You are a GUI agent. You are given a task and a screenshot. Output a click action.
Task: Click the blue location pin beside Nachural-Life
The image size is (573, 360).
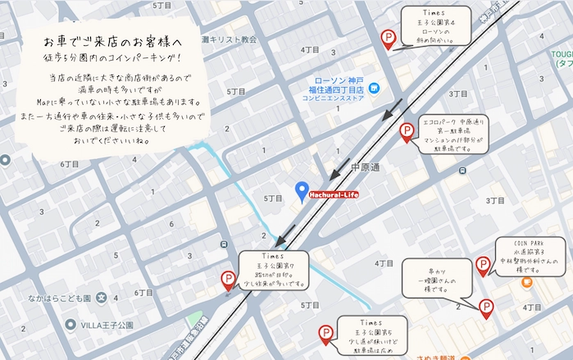301,190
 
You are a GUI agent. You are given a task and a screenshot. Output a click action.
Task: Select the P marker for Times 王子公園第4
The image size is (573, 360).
389,38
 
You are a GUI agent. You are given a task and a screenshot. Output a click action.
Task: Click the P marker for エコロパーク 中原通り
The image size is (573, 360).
405,131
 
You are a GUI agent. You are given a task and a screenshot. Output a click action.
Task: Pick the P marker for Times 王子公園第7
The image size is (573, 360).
230,280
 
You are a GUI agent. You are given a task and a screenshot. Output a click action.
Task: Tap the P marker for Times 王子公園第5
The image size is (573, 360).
326,334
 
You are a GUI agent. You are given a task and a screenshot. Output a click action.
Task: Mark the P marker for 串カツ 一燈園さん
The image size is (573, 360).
485,308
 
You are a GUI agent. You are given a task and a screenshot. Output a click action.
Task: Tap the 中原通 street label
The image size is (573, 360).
365,168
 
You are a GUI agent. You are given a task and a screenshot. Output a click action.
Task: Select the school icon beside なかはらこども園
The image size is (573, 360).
102,298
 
